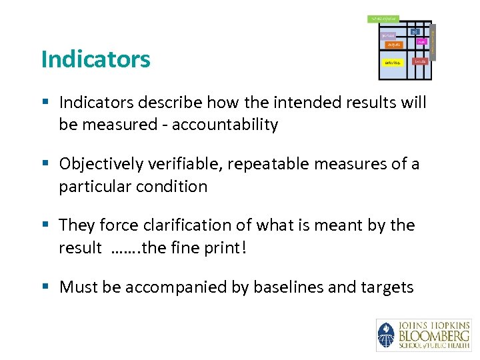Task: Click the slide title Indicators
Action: [95, 59]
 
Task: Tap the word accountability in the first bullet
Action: [225, 125]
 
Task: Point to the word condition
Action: [175, 187]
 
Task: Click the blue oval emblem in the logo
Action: [385, 335]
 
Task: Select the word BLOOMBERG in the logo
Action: [433, 335]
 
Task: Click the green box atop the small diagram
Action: [383, 18]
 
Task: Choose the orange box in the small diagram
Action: [393, 45]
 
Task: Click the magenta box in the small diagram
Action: [389, 35]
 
